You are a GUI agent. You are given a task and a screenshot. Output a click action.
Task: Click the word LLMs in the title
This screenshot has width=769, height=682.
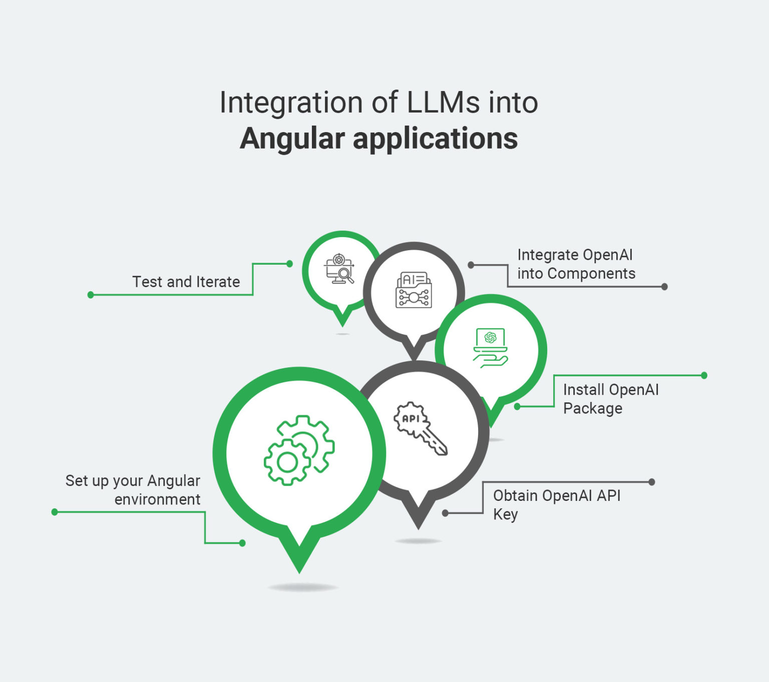coord(443,103)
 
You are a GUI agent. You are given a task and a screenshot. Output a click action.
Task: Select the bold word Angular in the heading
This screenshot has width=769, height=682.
coord(292,139)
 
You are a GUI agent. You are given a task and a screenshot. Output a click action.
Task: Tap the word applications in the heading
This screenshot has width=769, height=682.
coord(435,139)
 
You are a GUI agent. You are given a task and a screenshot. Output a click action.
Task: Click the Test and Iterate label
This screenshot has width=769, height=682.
coord(186,282)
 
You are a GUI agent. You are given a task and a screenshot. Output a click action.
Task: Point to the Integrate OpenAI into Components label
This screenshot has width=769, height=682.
coord(576,264)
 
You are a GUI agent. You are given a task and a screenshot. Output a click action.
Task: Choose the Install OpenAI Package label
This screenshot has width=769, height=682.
coord(610,399)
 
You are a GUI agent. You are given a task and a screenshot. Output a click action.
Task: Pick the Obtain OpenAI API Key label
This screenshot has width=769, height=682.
coord(556,504)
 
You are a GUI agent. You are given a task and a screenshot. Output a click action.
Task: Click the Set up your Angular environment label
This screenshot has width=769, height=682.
coord(133,490)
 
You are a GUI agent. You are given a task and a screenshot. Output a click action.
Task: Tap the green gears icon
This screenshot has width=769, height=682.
coord(299,450)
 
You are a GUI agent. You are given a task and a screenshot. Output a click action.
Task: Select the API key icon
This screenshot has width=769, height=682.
coord(420,428)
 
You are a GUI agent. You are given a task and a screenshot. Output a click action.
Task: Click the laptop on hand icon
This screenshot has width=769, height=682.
coord(491,348)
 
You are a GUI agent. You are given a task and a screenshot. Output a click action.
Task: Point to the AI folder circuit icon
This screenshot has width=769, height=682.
coord(414,290)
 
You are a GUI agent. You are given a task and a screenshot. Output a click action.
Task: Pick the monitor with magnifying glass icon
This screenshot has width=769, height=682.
coord(339,269)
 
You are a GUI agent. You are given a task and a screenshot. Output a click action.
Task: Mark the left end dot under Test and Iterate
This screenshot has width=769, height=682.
coord(91,295)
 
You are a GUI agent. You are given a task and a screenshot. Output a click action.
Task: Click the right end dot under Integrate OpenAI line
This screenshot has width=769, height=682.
coord(664,287)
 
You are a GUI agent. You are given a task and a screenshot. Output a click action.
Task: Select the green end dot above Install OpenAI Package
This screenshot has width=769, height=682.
coord(704,375)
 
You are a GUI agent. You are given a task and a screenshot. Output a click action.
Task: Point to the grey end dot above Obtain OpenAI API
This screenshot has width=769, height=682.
coord(651,482)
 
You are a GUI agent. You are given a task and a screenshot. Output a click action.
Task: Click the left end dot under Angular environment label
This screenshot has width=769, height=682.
coord(55,512)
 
